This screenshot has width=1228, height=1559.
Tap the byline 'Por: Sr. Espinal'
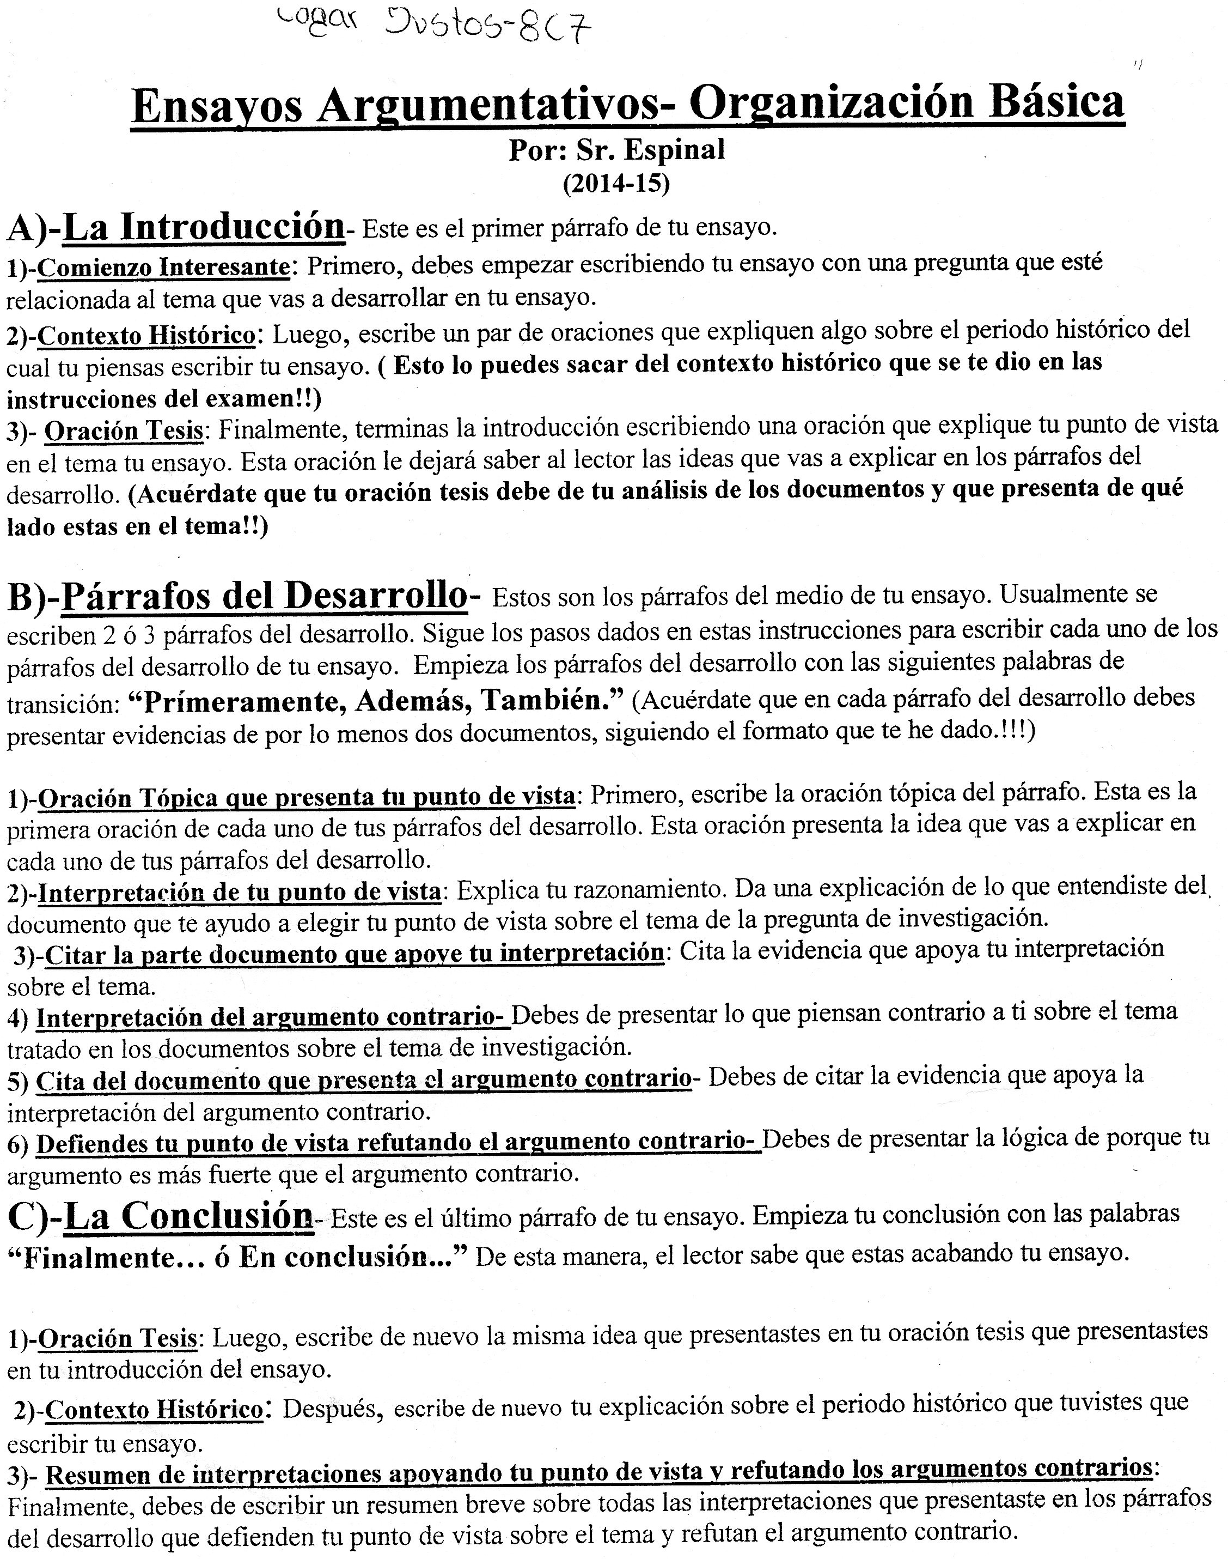pos(616,150)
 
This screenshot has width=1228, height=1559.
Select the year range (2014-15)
pos(616,184)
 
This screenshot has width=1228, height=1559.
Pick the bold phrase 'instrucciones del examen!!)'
pos(164,398)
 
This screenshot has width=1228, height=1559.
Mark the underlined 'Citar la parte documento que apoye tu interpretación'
pos(354,955)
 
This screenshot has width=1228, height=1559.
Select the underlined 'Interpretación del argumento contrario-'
pos(272,1017)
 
